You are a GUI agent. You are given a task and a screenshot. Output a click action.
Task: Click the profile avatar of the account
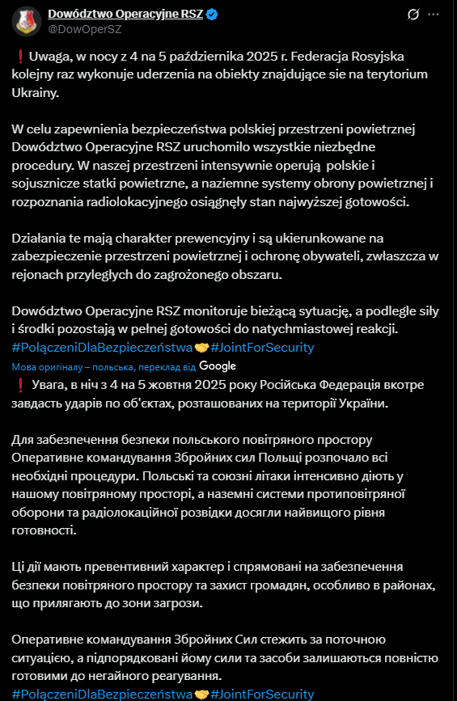tap(27, 20)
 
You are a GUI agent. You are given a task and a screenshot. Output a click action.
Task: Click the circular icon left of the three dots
tap(413, 15)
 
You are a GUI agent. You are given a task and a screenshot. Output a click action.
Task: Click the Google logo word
tap(217, 365)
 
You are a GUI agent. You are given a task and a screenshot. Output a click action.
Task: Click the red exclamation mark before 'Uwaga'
tap(19, 56)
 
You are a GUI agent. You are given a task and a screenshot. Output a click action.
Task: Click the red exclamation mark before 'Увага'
tap(19, 384)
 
